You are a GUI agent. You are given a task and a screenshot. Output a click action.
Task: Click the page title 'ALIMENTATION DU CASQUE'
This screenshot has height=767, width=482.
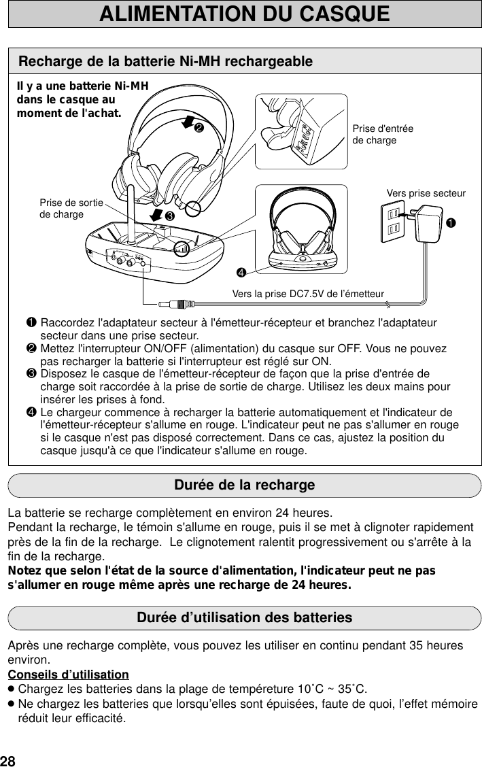tap(244, 14)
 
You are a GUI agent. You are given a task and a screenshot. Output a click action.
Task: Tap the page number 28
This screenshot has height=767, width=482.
tap(8, 759)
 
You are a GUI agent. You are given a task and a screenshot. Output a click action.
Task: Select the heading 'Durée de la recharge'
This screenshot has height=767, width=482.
tap(244, 486)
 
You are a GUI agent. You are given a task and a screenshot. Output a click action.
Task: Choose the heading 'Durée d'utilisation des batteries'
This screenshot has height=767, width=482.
tap(244, 618)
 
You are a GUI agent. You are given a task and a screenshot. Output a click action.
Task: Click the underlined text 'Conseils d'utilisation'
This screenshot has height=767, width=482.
tap(68, 675)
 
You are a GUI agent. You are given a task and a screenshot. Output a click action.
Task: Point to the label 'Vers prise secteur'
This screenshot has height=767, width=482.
tap(426, 193)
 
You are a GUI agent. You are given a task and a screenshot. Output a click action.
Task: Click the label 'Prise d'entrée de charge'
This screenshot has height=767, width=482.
tap(383, 135)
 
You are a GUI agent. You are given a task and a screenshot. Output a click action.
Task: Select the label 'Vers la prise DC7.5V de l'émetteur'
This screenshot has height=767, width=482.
tap(308, 294)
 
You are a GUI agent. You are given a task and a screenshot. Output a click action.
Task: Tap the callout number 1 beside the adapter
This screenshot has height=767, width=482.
tap(450, 223)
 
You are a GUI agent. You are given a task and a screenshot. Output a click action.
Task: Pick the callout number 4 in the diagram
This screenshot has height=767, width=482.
tap(241, 273)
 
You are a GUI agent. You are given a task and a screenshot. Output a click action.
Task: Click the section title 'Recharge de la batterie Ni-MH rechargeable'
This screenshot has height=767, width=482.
tap(165, 62)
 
